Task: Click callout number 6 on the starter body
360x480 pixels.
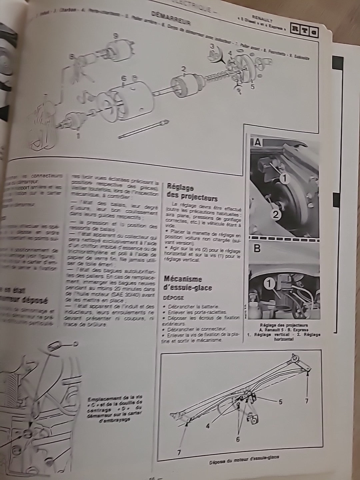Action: (124, 78)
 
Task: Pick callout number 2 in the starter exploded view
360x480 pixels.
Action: (183, 69)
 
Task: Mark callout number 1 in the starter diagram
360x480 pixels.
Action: (78, 136)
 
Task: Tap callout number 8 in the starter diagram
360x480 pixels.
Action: (72, 57)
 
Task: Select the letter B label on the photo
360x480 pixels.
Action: (257, 249)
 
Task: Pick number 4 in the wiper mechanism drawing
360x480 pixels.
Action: (208, 426)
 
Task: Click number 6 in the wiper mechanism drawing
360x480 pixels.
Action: (238, 439)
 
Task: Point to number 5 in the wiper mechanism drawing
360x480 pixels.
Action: (280, 402)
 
